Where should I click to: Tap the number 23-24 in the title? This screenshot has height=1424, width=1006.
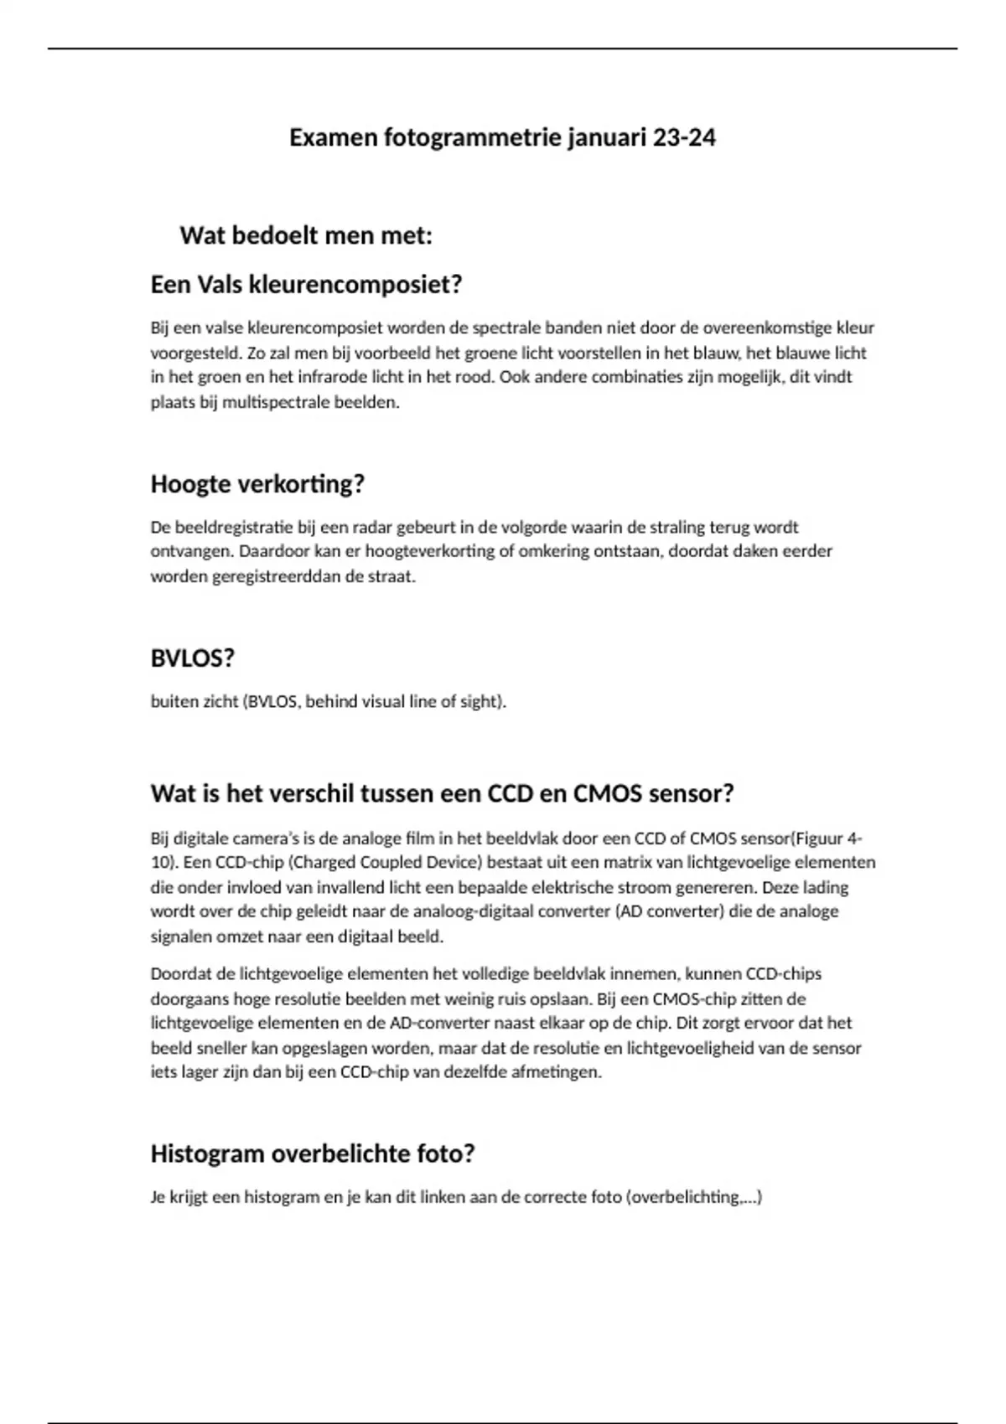[x=684, y=137]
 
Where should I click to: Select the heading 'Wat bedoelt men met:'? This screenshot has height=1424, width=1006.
[x=306, y=235]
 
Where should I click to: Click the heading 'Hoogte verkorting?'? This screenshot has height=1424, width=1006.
[x=257, y=484]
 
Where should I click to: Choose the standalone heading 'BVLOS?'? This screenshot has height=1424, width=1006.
[x=192, y=658]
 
